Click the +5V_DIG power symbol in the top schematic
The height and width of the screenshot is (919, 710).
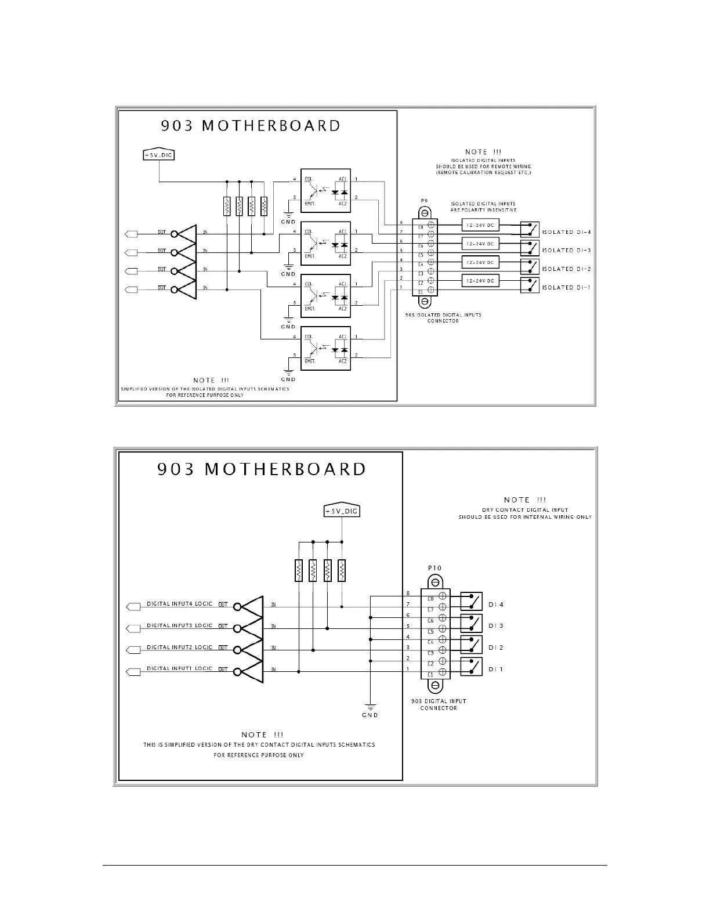(x=159, y=154)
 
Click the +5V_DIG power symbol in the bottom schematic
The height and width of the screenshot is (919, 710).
(x=342, y=511)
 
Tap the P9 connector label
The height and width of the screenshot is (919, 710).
(x=424, y=201)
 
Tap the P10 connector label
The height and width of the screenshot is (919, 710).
(x=434, y=568)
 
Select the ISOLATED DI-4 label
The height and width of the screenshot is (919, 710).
(x=566, y=232)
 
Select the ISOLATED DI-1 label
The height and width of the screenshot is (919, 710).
(x=566, y=288)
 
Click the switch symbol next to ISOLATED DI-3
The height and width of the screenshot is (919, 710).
(x=530, y=248)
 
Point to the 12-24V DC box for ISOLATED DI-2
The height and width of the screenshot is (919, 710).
(x=480, y=263)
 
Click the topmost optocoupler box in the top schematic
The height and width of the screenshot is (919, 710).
(x=325, y=191)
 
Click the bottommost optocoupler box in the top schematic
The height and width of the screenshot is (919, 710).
(x=325, y=349)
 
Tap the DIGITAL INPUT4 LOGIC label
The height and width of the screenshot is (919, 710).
(x=179, y=604)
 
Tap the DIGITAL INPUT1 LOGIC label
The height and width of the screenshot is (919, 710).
(x=179, y=669)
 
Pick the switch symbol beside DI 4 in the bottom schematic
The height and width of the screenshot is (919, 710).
(x=472, y=601)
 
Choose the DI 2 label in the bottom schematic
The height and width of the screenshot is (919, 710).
(x=496, y=647)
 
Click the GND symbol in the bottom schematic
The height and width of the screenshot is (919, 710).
(x=370, y=709)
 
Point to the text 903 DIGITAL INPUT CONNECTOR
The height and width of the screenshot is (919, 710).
(x=439, y=704)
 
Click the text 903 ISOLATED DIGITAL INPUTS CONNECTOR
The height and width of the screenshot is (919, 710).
(x=443, y=318)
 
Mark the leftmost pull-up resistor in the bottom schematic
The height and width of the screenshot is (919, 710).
(x=299, y=570)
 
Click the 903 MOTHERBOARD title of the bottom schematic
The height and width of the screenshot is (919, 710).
(x=262, y=469)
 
